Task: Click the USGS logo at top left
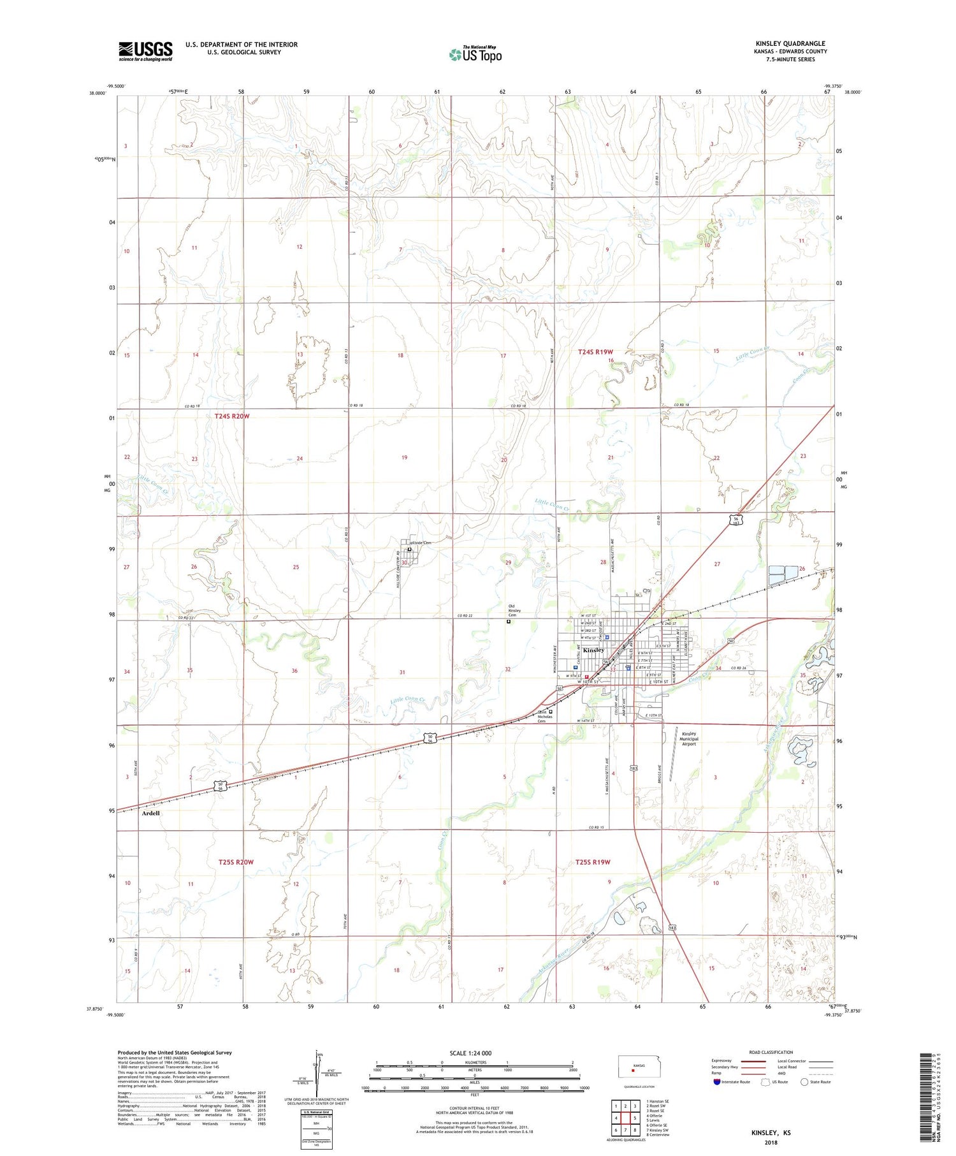point(145,51)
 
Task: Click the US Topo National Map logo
point(475,54)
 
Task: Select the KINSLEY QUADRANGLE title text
point(790,43)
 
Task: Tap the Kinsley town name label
point(593,650)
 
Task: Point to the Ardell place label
point(151,813)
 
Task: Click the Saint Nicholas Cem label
point(542,716)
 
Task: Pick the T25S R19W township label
point(593,862)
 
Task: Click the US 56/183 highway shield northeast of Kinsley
point(736,520)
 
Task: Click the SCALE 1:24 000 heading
point(470,1053)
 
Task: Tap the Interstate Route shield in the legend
point(716,1081)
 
